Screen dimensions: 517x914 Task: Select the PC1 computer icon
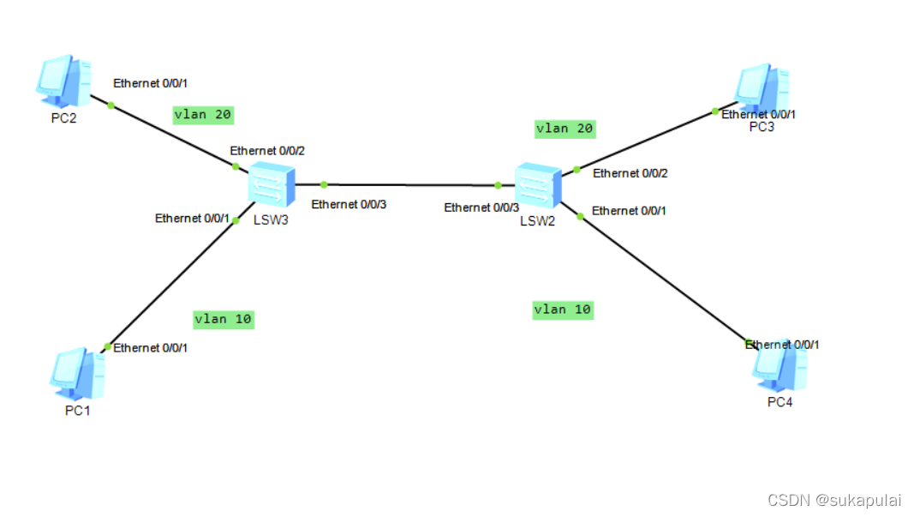click(78, 374)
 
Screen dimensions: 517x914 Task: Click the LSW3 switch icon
click(272, 184)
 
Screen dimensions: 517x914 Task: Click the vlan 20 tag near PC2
click(203, 114)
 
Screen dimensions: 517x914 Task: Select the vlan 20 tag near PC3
click(564, 129)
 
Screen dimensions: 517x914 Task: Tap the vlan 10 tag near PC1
click(224, 319)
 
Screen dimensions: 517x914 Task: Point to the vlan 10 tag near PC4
click(563, 310)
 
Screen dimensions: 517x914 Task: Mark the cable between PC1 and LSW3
click(171, 283)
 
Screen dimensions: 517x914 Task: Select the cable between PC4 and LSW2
click(664, 279)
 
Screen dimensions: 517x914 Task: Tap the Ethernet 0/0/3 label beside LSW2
click(481, 207)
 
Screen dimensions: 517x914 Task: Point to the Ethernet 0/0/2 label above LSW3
click(267, 151)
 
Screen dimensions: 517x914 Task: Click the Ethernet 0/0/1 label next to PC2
click(150, 83)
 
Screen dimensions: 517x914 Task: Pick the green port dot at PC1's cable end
click(107, 346)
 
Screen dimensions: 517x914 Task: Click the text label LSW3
click(271, 219)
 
